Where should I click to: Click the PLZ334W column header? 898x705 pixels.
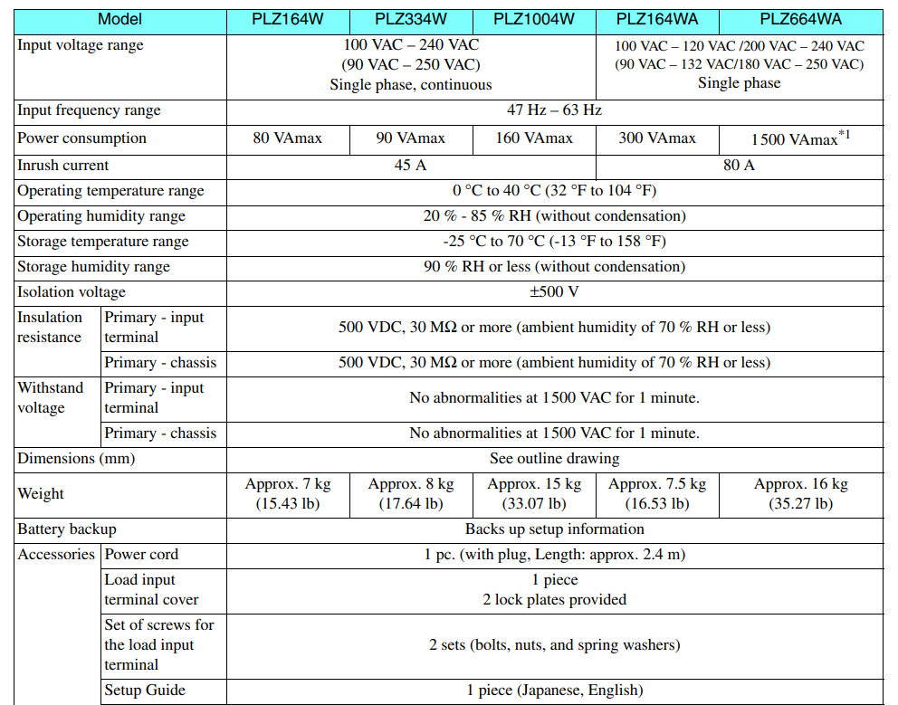pyautogui.click(x=410, y=20)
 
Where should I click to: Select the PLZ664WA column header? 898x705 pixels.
pyautogui.click(x=801, y=20)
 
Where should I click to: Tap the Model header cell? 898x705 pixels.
pyautogui.click(x=119, y=20)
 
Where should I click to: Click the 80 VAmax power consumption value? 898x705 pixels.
pyautogui.click(x=287, y=138)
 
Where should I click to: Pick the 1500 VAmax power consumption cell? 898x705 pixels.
pyautogui.click(x=800, y=138)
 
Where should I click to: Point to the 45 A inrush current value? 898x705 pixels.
pyautogui.click(x=410, y=166)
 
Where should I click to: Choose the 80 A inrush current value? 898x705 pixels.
pyautogui.click(x=739, y=166)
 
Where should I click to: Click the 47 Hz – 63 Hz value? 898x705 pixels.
pyautogui.click(x=554, y=110)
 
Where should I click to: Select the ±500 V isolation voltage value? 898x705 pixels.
pyautogui.click(x=554, y=292)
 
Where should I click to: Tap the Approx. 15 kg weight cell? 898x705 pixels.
pyautogui.click(x=534, y=494)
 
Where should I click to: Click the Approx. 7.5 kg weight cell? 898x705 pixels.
pyautogui.click(x=657, y=494)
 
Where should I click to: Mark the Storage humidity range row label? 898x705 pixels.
pyautogui.click(x=94, y=267)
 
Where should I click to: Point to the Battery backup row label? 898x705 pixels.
pyautogui.click(x=67, y=529)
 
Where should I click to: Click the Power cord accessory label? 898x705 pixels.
pyautogui.click(x=141, y=555)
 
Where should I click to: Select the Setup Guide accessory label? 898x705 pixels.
pyautogui.click(x=145, y=691)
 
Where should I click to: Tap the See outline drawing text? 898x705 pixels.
pyautogui.click(x=554, y=459)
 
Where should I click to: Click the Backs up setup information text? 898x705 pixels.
pyautogui.click(x=554, y=529)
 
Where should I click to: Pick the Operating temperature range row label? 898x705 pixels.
pyautogui.click(x=110, y=191)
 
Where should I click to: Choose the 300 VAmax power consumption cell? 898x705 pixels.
pyautogui.click(x=657, y=138)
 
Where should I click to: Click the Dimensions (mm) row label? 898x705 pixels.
pyautogui.click(x=76, y=459)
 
